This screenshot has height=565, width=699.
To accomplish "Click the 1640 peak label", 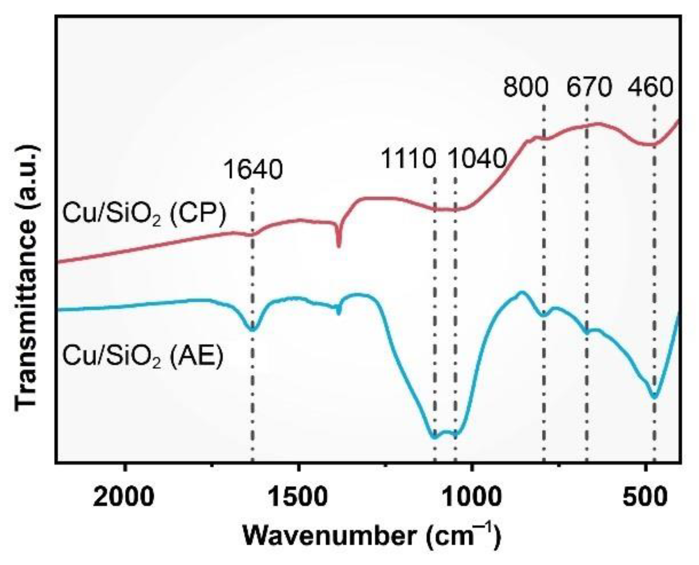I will click(253, 170).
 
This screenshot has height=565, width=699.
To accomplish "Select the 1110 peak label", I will click(407, 160).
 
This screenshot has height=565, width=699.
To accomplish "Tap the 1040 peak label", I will click(477, 160).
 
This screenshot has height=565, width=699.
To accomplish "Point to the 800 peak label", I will click(526, 88).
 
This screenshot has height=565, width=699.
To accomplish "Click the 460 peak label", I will click(651, 88).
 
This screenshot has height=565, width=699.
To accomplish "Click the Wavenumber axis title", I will click(372, 536).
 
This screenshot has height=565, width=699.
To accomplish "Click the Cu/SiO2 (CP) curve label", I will click(144, 214).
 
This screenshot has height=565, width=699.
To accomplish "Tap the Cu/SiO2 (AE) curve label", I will click(143, 357).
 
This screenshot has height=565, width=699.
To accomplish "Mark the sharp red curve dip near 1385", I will click(339, 246).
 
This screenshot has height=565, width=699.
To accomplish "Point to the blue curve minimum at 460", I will click(654, 397).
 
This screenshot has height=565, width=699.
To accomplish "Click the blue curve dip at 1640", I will click(252, 330).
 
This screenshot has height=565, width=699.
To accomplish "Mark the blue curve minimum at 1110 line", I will click(435, 437).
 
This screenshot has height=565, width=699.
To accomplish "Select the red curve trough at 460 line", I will click(653, 145).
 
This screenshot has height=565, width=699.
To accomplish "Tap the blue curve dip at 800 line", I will click(544, 315).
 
